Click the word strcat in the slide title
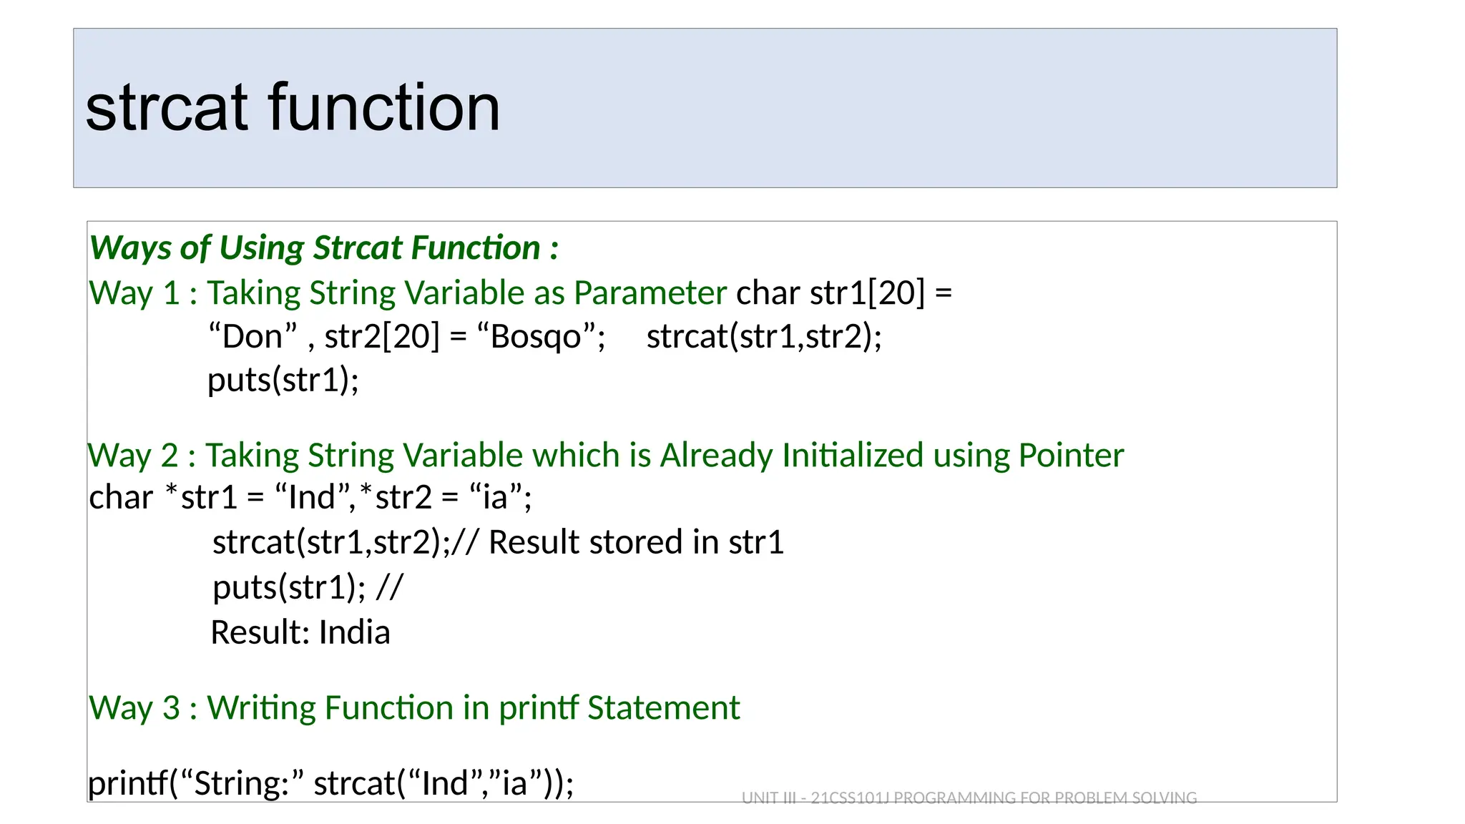[x=167, y=108]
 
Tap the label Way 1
[x=134, y=294]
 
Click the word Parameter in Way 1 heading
[x=650, y=293]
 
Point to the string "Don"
[x=252, y=336]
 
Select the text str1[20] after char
[x=867, y=293]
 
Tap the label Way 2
[x=133, y=456]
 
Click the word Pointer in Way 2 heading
[x=1071, y=456]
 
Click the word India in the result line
[x=354, y=632]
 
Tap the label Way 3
[x=134, y=708]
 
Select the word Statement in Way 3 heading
[x=663, y=708]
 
